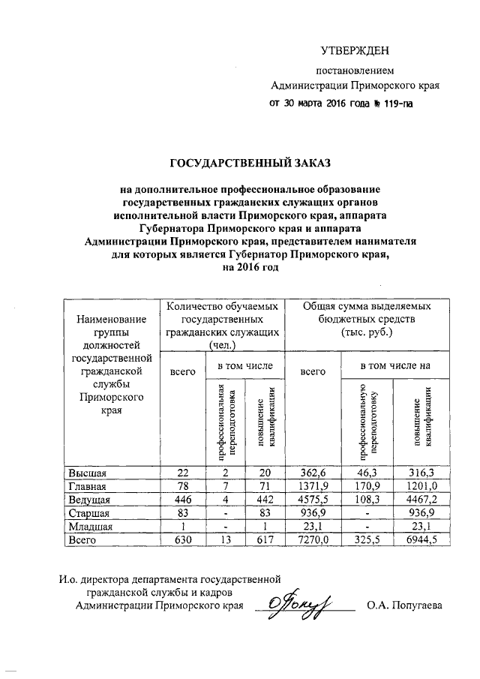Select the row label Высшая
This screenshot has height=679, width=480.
tap(88, 473)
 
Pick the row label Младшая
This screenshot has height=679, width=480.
tap(91, 526)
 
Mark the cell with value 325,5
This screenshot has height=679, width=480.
tap(367, 539)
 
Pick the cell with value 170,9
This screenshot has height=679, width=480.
tap(367, 487)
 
